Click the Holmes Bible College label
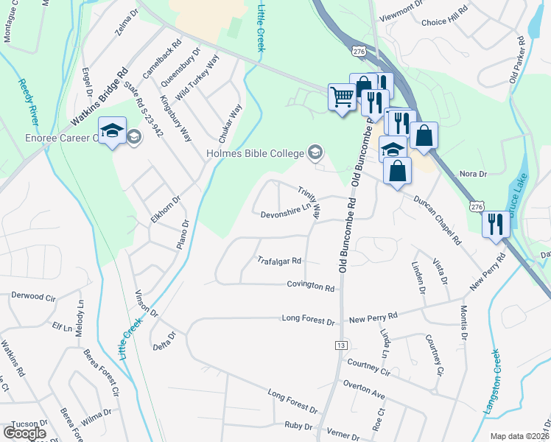[255, 153]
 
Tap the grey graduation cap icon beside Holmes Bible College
[315, 152]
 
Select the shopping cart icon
[342, 96]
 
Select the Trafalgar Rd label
[279, 261]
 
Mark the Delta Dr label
[164, 340]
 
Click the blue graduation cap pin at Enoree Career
[111, 133]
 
